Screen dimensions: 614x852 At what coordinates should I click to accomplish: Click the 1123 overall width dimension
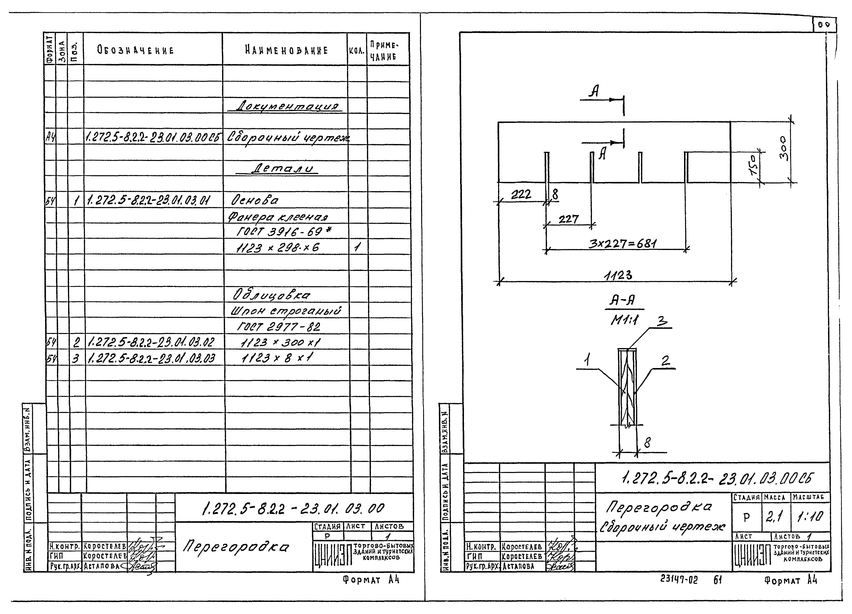tap(618, 275)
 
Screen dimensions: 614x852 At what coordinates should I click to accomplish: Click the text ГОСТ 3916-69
tap(284, 232)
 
